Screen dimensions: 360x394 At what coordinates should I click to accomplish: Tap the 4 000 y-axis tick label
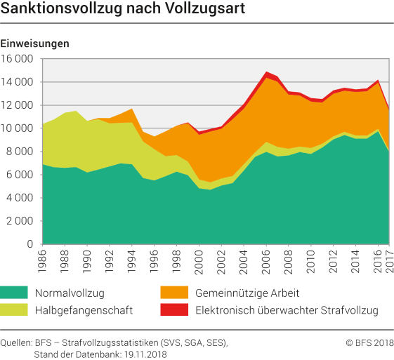point(20,198)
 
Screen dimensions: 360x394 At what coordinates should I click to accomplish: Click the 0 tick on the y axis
point(32,244)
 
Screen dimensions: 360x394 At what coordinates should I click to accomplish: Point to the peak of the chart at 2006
point(268,72)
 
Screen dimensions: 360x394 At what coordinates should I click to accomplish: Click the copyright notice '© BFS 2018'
point(368,342)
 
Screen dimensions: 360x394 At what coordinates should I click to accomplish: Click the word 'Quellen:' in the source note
point(20,342)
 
